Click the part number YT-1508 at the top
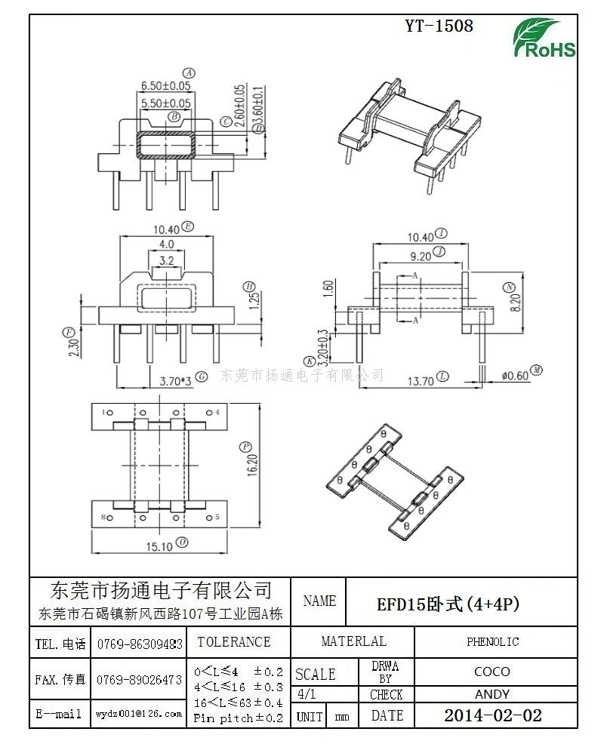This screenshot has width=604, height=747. (x=439, y=26)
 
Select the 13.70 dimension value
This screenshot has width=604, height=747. (x=420, y=380)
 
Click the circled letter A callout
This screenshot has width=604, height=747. (x=190, y=73)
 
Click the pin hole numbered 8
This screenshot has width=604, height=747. (x=108, y=518)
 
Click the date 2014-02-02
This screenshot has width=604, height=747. (x=492, y=715)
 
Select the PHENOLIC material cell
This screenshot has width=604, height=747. (x=492, y=642)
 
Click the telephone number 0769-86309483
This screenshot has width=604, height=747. (x=140, y=644)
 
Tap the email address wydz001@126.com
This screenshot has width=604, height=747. (x=139, y=713)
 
